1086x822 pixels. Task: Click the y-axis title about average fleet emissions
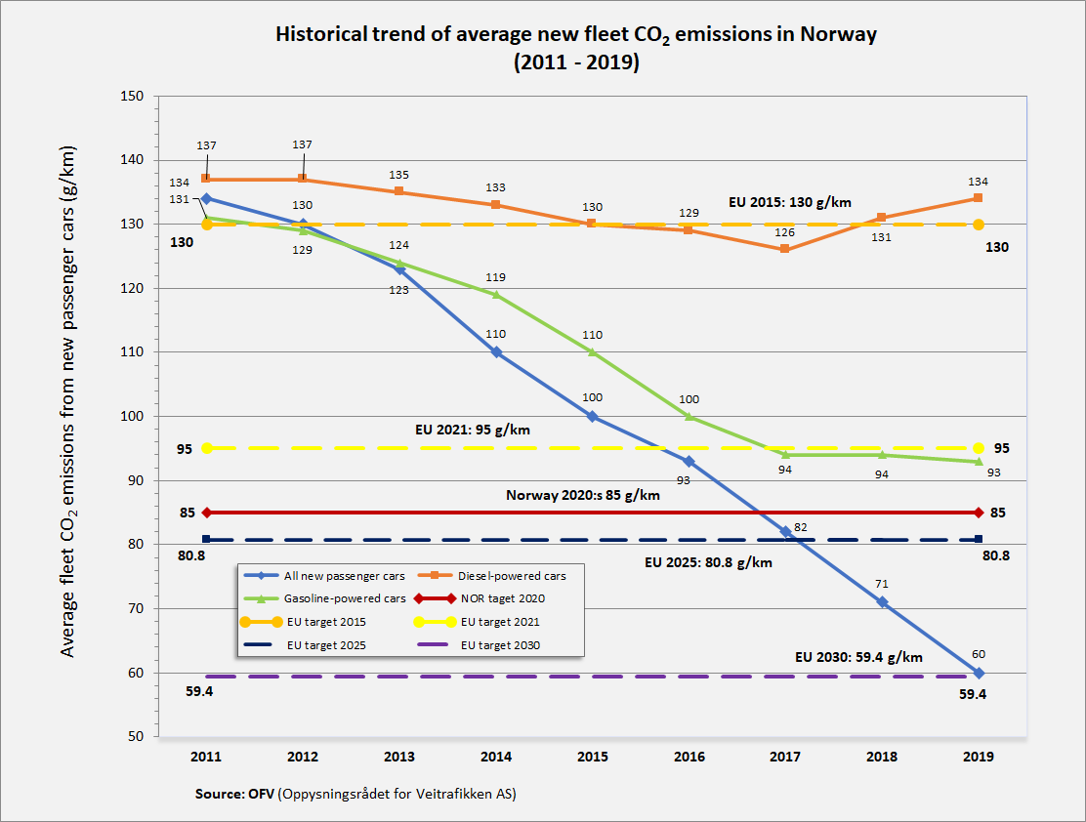pos(69,401)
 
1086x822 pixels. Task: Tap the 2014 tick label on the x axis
pos(496,757)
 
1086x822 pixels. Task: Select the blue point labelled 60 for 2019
pos(979,673)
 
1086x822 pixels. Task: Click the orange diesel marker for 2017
pos(785,249)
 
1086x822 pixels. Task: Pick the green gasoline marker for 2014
pos(496,294)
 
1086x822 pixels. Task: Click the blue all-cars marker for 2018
pos(882,601)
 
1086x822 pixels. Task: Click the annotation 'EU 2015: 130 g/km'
pos(790,202)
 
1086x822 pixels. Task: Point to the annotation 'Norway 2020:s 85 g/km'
pos(582,495)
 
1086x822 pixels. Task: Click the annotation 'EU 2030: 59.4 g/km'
pos(858,657)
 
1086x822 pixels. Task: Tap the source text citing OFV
pos(355,794)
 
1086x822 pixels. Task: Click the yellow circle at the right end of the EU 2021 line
pos(979,448)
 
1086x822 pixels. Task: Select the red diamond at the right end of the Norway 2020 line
pos(979,513)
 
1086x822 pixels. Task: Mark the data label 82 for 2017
pos(800,527)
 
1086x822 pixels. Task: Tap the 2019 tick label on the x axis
pos(978,757)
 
